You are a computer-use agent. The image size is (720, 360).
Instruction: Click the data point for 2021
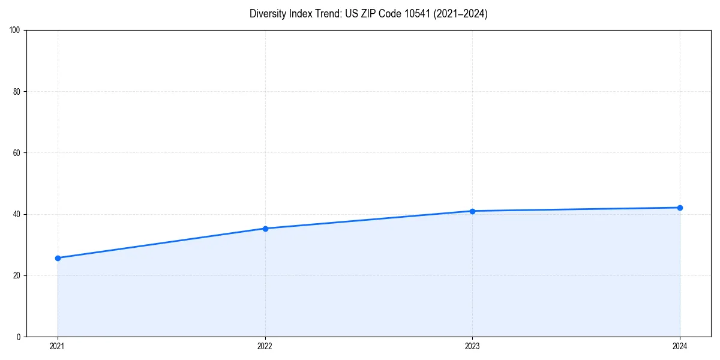(x=58, y=258)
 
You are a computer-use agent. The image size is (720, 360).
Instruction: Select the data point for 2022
(x=265, y=229)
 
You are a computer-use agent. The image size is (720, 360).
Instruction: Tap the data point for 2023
(x=472, y=211)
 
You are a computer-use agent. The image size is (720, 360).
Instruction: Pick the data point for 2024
(x=680, y=208)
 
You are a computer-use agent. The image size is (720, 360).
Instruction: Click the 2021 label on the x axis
(x=58, y=346)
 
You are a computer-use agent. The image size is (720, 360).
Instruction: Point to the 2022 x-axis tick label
(x=265, y=346)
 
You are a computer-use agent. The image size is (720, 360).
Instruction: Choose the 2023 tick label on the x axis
(x=472, y=346)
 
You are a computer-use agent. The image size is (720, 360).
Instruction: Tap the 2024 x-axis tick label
(x=680, y=346)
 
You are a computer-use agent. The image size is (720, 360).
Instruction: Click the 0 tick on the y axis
(x=19, y=337)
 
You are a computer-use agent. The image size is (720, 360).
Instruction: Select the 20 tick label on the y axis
(x=17, y=275)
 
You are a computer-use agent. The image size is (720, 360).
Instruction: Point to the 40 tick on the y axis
(x=17, y=214)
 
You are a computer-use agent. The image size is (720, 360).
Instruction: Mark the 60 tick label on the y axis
(x=17, y=153)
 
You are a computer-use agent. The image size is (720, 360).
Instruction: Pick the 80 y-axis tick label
(x=17, y=92)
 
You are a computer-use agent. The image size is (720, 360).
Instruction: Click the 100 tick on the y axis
(x=15, y=31)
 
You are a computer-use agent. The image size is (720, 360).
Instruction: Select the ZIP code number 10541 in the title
(x=413, y=14)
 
